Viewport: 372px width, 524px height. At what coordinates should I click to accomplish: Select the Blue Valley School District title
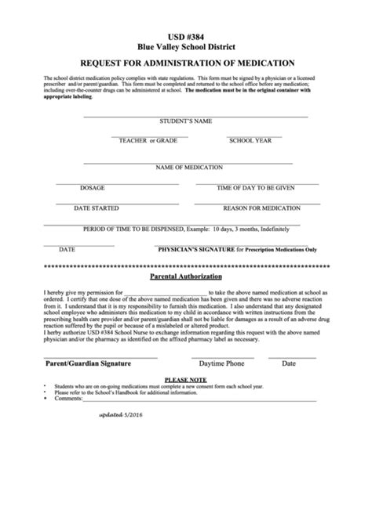click(x=186, y=46)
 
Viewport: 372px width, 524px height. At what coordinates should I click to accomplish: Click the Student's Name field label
click(x=186, y=122)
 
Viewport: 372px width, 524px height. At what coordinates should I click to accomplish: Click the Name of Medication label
click(x=186, y=168)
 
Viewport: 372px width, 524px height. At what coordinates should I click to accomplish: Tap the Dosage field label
click(x=92, y=188)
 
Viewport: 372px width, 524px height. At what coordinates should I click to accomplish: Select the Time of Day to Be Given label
click(x=255, y=188)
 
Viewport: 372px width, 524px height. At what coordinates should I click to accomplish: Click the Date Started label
click(x=97, y=208)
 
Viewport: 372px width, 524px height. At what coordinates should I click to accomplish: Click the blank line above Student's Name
click(x=186, y=117)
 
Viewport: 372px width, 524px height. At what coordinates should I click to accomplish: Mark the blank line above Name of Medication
click(x=186, y=163)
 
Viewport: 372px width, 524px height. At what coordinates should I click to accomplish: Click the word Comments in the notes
click(x=68, y=399)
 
